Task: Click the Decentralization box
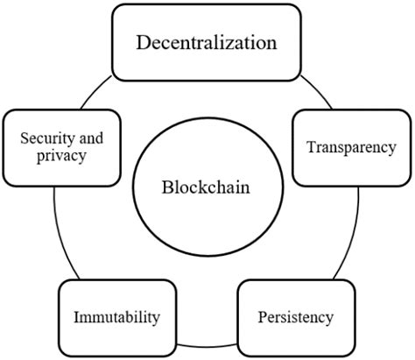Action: click(207, 41)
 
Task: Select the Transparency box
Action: click(351, 147)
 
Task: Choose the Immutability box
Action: click(116, 314)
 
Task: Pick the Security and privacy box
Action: click(61, 147)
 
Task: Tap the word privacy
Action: click(60, 157)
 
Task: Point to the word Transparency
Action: click(351, 147)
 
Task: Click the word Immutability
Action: click(116, 314)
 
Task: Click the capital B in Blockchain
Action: click(166, 187)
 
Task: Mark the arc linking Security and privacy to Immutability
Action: click(58, 232)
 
